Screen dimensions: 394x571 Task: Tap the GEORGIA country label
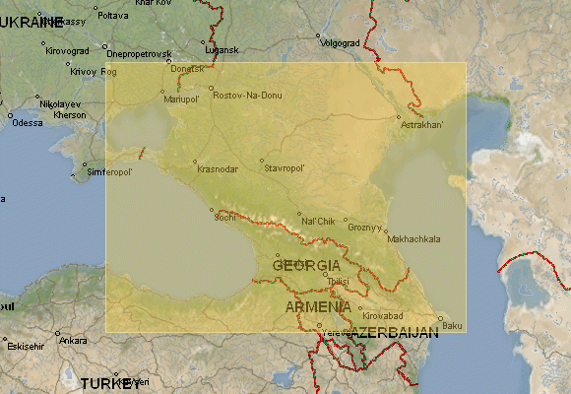[307, 266]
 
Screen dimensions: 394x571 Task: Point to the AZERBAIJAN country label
[394, 333]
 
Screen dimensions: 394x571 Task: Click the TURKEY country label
[111, 383]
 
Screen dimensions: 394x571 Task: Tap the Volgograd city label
[341, 42]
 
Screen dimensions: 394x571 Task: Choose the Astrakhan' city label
[423, 125]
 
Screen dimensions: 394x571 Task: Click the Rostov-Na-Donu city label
[247, 93]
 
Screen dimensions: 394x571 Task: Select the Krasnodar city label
[218, 168]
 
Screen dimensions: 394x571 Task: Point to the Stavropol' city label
[285, 168]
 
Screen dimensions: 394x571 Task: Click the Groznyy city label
[364, 227]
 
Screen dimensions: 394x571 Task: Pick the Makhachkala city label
[414, 239]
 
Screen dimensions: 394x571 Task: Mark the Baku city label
[452, 325]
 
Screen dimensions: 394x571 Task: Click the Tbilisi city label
[338, 281]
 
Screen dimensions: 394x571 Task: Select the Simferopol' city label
[110, 171]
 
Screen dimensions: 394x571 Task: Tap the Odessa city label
[28, 122]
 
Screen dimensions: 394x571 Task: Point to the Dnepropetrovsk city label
[139, 53]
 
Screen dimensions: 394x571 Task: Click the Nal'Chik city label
[319, 221]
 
